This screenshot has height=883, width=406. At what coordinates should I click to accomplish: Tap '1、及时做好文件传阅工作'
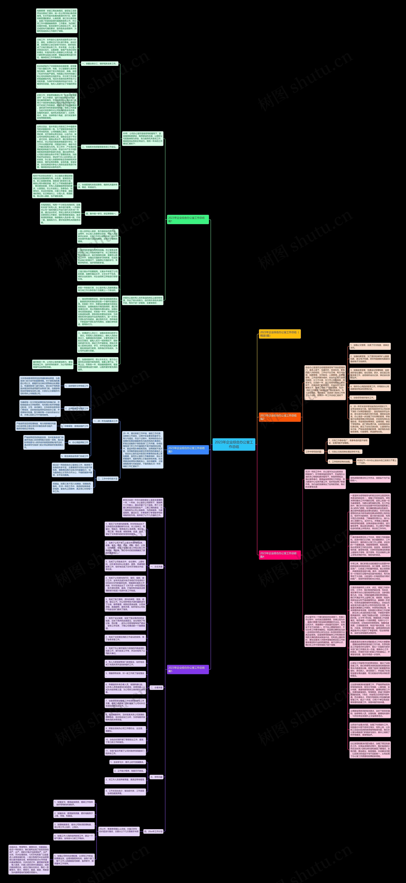coord(76,386)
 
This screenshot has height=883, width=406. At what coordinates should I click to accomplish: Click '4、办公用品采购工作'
coord(79,442)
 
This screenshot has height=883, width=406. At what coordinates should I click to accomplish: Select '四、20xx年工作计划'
coord(153,831)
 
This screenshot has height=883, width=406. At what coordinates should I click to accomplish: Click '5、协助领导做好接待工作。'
coord(363,398)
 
